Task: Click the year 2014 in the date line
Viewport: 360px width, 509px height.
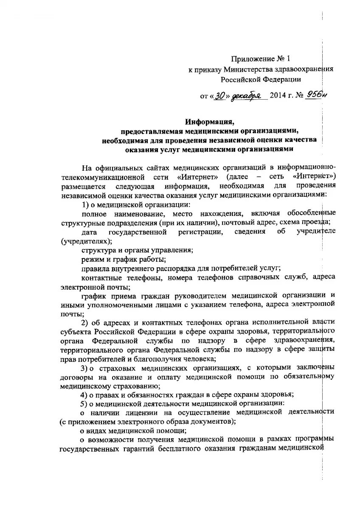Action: (x=278, y=96)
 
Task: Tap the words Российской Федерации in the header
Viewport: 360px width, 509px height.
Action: (x=261, y=79)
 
